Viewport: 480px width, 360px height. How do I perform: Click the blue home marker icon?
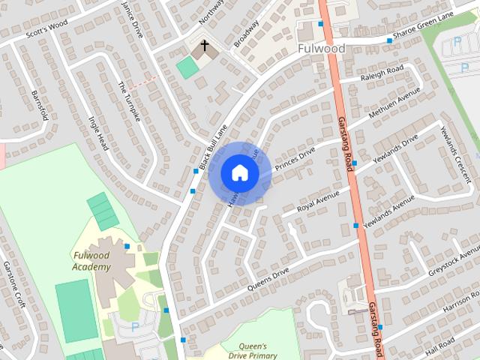click(239, 172)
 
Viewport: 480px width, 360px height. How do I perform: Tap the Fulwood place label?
click(321, 49)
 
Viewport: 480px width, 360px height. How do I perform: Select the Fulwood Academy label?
click(91, 261)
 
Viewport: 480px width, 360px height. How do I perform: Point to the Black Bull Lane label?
click(212, 146)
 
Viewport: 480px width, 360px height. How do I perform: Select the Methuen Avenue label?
click(395, 106)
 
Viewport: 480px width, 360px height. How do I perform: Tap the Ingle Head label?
click(99, 133)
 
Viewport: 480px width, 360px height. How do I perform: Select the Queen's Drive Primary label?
click(253, 351)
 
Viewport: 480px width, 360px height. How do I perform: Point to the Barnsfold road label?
click(40, 105)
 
